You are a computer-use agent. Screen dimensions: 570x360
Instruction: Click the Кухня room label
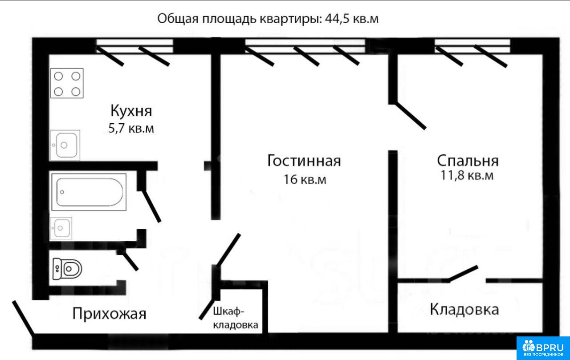(x=131, y=111)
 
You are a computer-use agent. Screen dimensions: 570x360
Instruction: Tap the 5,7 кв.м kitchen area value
(x=131, y=129)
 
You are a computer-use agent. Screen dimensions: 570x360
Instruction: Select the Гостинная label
(x=304, y=161)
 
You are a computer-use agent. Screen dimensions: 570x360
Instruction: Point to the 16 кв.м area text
(x=305, y=179)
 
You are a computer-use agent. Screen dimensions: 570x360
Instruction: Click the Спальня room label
(x=468, y=161)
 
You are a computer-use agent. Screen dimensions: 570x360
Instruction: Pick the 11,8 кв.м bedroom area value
(x=467, y=175)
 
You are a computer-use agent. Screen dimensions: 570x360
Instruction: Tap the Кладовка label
(x=464, y=309)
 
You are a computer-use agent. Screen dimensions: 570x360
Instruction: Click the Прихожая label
(x=110, y=313)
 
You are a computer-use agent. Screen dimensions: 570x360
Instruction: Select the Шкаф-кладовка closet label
(x=236, y=318)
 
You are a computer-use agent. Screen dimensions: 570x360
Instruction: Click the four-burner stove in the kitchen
(x=67, y=83)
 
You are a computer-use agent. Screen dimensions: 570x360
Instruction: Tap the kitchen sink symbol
(x=65, y=145)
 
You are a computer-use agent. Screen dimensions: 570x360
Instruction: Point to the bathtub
(x=89, y=192)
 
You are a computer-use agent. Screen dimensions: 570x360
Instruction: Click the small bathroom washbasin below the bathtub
(x=61, y=228)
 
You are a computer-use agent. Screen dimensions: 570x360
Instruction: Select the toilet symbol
(x=67, y=268)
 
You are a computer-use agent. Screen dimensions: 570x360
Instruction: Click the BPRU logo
(x=543, y=348)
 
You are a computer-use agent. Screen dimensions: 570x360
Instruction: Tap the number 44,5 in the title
(x=337, y=19)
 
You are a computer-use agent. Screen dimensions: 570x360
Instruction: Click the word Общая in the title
(x=178, y=19)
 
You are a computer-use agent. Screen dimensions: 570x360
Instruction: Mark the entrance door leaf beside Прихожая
(x=23, y=317)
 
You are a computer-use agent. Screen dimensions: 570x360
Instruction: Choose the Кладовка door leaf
(x=463, y=274)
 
